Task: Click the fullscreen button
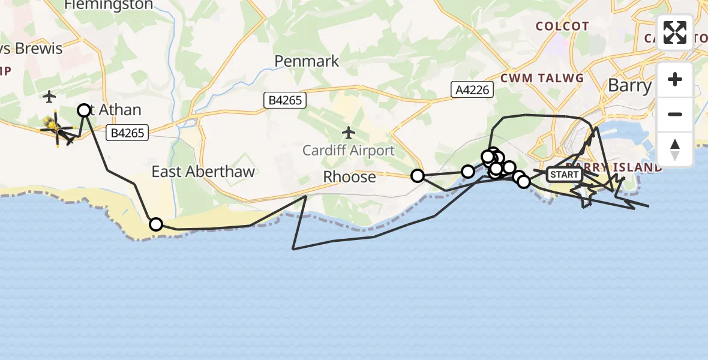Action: tap(675, 32)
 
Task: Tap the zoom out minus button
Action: tap(675, 114)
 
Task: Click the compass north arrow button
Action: tap(675, 148)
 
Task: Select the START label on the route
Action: tap(564, 175)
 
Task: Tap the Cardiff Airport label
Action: tap(349, 151)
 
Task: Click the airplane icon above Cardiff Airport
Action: tap(349, 132)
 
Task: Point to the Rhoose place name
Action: tap(349, 177)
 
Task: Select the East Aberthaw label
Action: tap(203, 172)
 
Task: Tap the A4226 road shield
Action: tap(472, 90)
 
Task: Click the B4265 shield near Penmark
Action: tap(286, 100)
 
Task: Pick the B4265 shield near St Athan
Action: tap(127, 133)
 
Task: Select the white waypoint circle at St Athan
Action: tap(84, 110)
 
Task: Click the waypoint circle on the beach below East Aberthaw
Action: tap(155, 224)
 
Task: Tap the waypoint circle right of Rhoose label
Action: tap(417, 176)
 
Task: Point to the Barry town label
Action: tap(629, 85)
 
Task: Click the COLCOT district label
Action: tap(562, 26)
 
